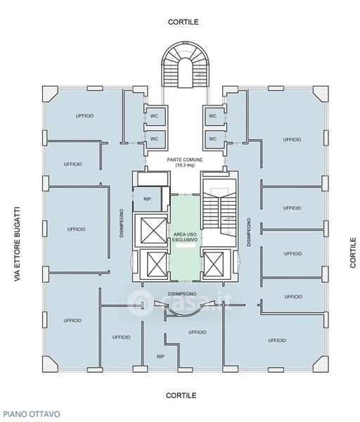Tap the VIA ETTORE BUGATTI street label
(x=17, y=244)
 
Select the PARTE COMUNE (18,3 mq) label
(x=185, y=162)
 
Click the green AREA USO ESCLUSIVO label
(x=185, y=237)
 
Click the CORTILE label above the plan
(x=184, y=22)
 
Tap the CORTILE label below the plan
(x=181, y=395)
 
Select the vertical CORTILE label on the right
(x=353, y=252)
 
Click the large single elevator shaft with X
(x=153, y=230)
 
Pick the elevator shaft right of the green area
(x=213, y=264)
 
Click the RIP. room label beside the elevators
(x=148, y=200)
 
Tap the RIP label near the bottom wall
(x=160, y=357)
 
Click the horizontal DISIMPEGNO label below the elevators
(x=182, y=293)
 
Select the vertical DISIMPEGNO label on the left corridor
(x=122, y=223)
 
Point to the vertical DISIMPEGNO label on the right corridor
(x=249, y=232)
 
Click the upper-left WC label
(x=154, y=116)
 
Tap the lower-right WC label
(x=212, y=139)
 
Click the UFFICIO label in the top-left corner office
(x=85, y=116)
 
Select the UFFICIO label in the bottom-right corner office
(x=277, y=340)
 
